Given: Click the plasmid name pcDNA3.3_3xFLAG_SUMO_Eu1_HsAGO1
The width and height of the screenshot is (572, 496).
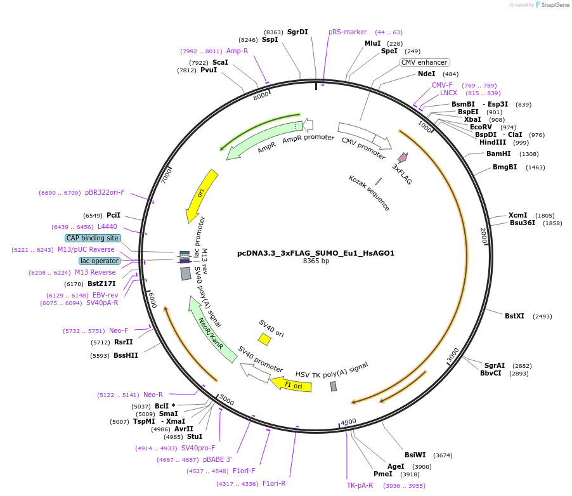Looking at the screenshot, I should tap(315, 253).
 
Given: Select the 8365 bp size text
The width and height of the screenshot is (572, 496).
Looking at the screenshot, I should tap(316, 261).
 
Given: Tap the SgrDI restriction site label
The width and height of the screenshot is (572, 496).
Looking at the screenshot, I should tap(297, 32).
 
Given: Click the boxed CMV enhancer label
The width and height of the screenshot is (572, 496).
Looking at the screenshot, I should tap(424, 62).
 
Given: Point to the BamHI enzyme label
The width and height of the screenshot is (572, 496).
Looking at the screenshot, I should tap(498, 153).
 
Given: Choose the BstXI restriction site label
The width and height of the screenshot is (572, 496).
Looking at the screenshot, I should tap(514, 316).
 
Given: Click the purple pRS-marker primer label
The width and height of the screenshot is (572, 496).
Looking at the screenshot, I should tap(348, 32).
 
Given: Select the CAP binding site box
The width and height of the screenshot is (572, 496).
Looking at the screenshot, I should tap(92, 238).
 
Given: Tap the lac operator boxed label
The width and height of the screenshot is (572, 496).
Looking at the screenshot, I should tap(99, 261).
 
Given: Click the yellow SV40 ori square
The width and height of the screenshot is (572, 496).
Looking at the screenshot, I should tap(264, 339).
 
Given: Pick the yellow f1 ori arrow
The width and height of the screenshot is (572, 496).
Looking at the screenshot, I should tap(286, 384).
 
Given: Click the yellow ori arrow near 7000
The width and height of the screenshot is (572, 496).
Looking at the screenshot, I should tap(201, 195).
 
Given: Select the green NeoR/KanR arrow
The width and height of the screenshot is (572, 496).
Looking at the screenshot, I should tap(211, 330).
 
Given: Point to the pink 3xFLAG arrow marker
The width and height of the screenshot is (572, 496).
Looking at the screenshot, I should tap(403, 157).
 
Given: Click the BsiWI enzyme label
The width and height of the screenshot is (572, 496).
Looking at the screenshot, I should tap(415, 455).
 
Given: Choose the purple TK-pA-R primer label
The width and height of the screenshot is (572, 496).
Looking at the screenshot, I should tap(360, 486).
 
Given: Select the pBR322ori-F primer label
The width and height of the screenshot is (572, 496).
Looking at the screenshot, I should tap(105, 192).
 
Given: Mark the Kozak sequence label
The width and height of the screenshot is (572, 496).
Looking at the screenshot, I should tap(369, 193).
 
